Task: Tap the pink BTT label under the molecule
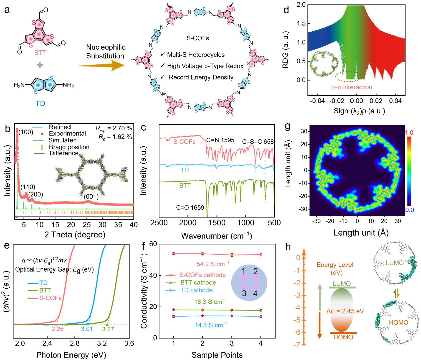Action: point(40,53)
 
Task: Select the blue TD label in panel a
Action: point(40,103)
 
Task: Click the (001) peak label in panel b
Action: point(91,196)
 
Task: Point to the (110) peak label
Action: point(28,187)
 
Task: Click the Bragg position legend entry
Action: point(69,147)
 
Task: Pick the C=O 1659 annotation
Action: point(190,208)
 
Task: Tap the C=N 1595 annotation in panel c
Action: point(220,140)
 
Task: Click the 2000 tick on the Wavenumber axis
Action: point(188,223)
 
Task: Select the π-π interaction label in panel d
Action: point(351,87)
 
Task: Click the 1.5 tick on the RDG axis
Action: point(301,23)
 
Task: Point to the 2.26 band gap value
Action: point(57,329)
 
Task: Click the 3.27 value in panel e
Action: point(108,329)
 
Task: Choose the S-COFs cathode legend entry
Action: point(202,275)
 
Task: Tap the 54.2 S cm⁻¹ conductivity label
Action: point(213,264)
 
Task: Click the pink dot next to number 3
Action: point(244,287)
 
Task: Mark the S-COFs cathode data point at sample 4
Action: point(261,255)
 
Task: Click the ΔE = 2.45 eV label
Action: point(345,311)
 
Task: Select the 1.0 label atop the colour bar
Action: point(409,133)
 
